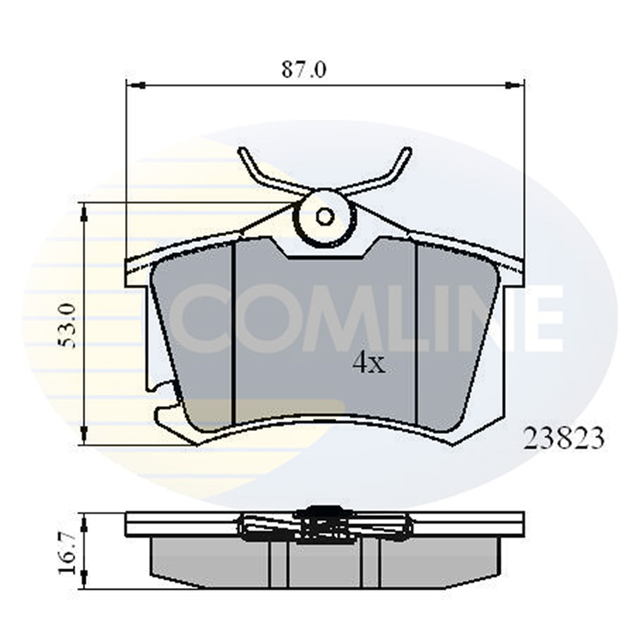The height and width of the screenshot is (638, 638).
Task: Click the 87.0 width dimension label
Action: click(304, 70)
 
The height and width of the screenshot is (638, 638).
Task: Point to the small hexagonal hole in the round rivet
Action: click(324, 217)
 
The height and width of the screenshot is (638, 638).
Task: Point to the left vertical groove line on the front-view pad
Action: click(235, 332)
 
